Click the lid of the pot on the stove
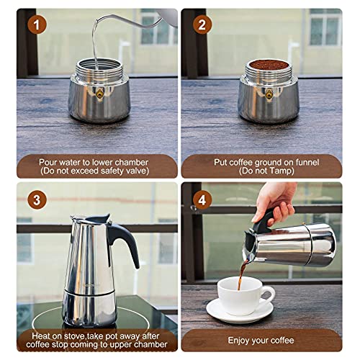(x=91, y=220)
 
